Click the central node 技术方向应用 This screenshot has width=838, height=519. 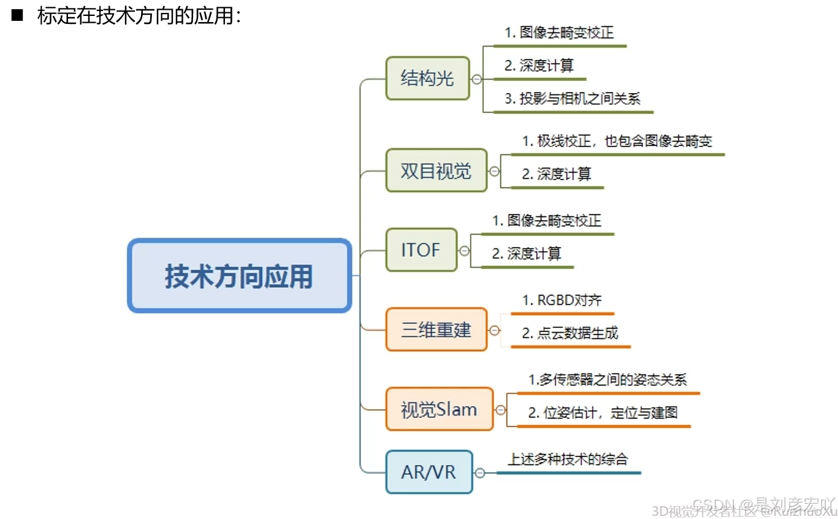(x=239, y=276)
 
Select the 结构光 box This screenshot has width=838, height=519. (x=427, y=78)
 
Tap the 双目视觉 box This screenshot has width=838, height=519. (x=436, y=170)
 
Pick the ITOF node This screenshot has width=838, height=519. (x=421, y=250)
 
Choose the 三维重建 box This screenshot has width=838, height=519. (x=436, y=330)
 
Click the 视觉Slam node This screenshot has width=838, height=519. (x=439, y=409)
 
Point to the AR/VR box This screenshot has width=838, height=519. (x=429, y=472)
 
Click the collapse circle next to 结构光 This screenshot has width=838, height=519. (x=476, y=79)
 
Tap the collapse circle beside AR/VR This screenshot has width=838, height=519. (x=480, y=473)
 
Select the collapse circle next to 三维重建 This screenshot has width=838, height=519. (x=495, y=330)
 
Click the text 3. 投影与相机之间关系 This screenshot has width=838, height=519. (x=573, y=99)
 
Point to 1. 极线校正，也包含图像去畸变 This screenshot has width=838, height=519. (x=617, y=141)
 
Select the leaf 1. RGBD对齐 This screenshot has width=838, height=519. (x=562, y=300)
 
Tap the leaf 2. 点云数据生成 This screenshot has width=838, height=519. (x=570, y=333)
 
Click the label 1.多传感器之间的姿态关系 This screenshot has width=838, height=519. (x=608, y=380)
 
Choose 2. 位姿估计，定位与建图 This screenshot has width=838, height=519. (x=603, y=413)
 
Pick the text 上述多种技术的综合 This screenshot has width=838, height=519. (x=568, y=459)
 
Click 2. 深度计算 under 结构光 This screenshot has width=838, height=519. (x=539, y=66)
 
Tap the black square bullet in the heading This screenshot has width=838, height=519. (x=17, y=16)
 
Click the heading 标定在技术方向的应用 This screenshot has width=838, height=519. (x=140, y=16)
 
